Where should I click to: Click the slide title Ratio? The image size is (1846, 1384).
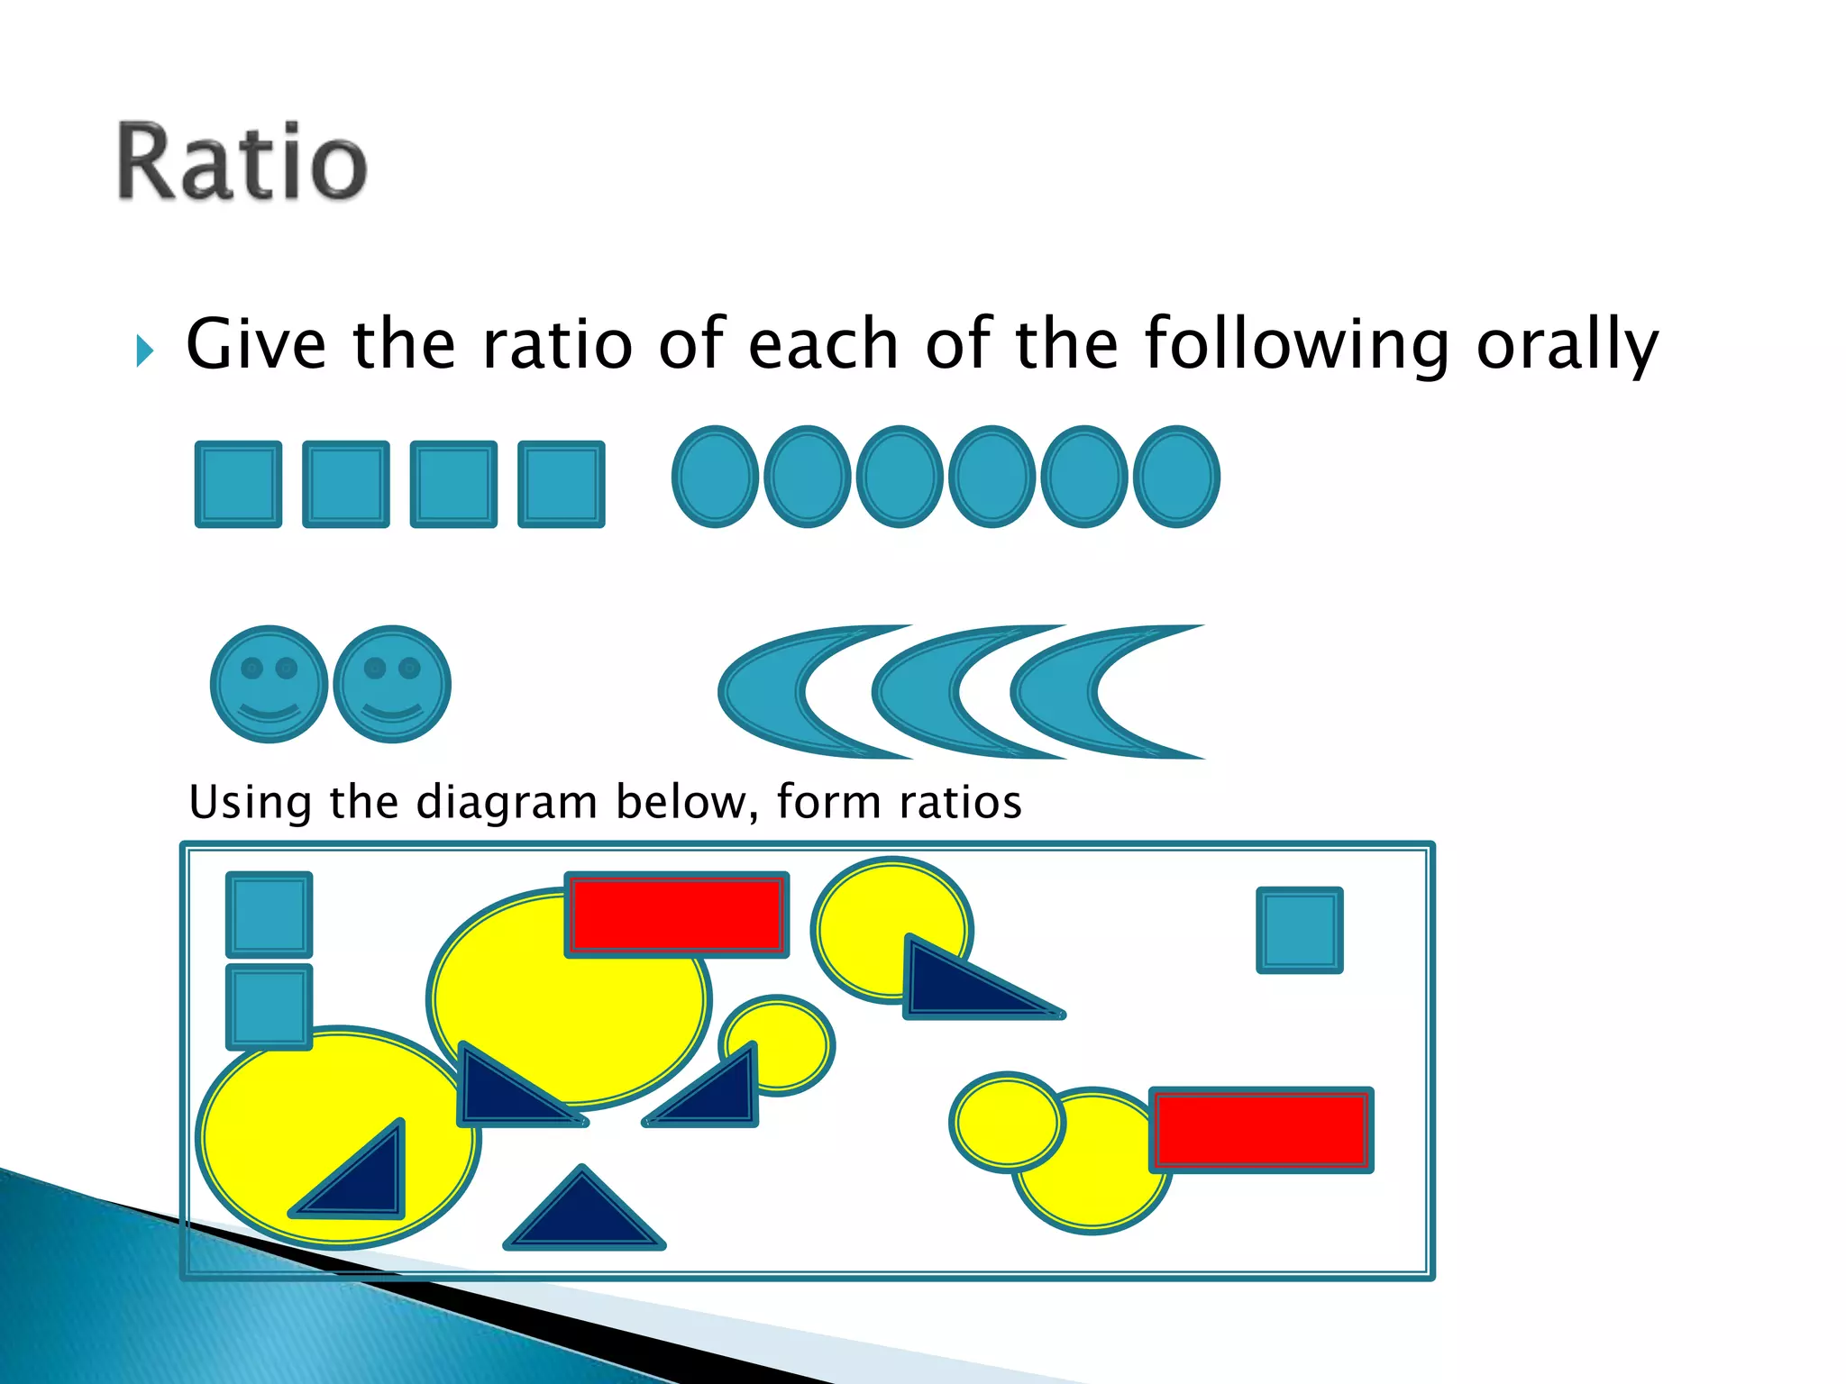242,162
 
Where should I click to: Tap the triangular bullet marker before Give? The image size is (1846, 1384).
144,351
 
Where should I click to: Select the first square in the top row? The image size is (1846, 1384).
238,485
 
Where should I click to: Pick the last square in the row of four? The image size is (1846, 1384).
561,485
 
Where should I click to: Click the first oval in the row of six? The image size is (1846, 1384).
715,477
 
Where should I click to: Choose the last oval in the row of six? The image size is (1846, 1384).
1175,477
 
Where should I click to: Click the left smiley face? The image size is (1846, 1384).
269,684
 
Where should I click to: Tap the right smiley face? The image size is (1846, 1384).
392,684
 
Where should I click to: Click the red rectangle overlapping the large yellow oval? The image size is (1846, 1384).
676,915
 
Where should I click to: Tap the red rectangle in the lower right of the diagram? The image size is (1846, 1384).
1260,1129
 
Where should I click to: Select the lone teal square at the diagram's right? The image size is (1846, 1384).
1299,930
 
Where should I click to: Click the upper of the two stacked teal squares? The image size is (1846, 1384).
269,914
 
